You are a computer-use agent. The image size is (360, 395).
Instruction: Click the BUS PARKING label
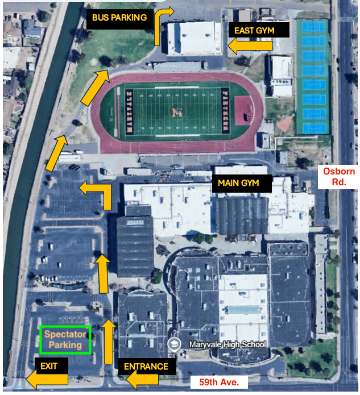click(x=119, y=18)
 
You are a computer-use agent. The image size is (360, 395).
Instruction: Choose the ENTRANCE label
click(x=146, y=367)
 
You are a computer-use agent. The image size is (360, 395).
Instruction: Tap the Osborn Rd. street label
click(x=339, y=177)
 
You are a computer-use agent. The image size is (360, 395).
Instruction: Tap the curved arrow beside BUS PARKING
click(x=164, y=26)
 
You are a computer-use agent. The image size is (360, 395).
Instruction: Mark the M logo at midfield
click(x=176, y=112)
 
